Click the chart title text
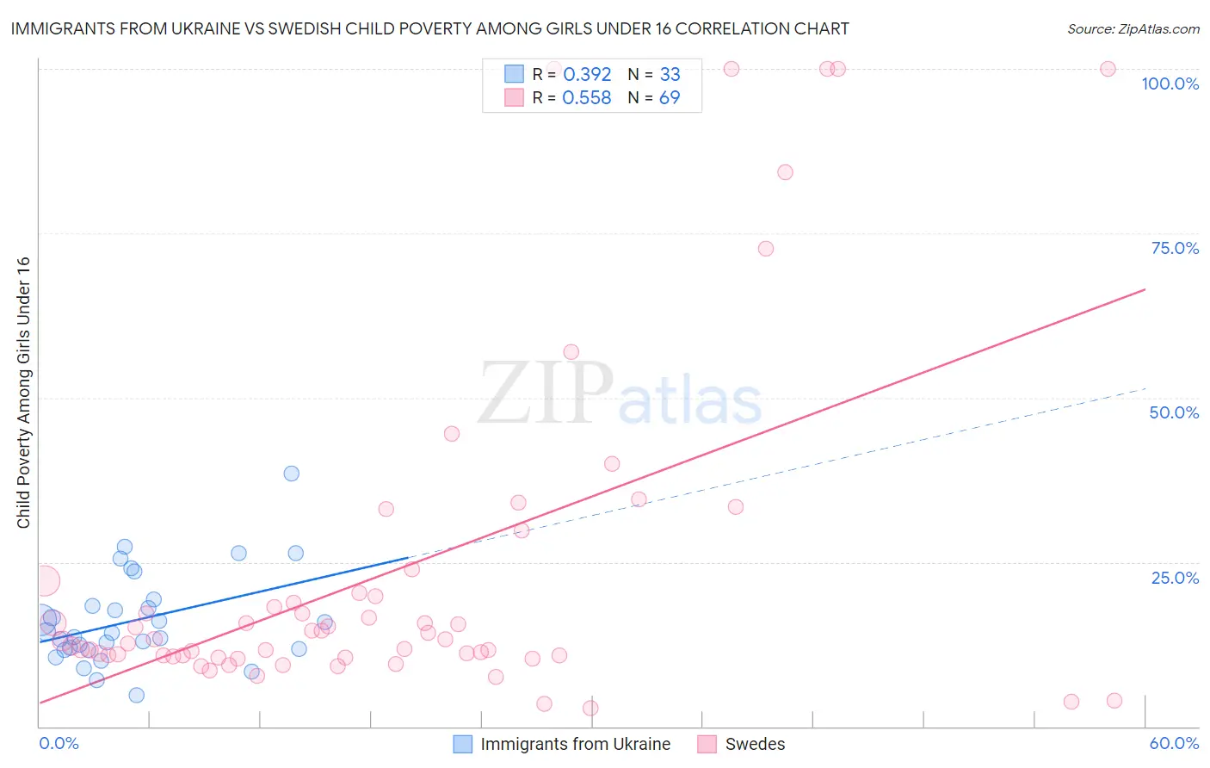pos(429,28)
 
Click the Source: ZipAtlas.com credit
pos(1133,28)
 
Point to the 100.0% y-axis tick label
pos(1170,84)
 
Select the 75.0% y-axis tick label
pos(1175,248)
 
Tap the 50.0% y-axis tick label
pos(1174,412)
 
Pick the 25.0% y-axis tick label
pos(1175,578)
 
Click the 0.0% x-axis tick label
pos(59,743)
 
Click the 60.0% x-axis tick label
pos(1174,743)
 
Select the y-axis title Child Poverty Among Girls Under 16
pos(23,393)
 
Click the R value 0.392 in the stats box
pos(587,75)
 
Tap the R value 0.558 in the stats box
pos(587,98)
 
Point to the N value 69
pos(670,98)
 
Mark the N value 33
pos(670,75)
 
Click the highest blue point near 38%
pos(292,474)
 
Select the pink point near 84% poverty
pos(785,172)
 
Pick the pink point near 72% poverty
pos(766,249)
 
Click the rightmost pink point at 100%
pos(1108,69)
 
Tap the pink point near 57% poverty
pos(571,352)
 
